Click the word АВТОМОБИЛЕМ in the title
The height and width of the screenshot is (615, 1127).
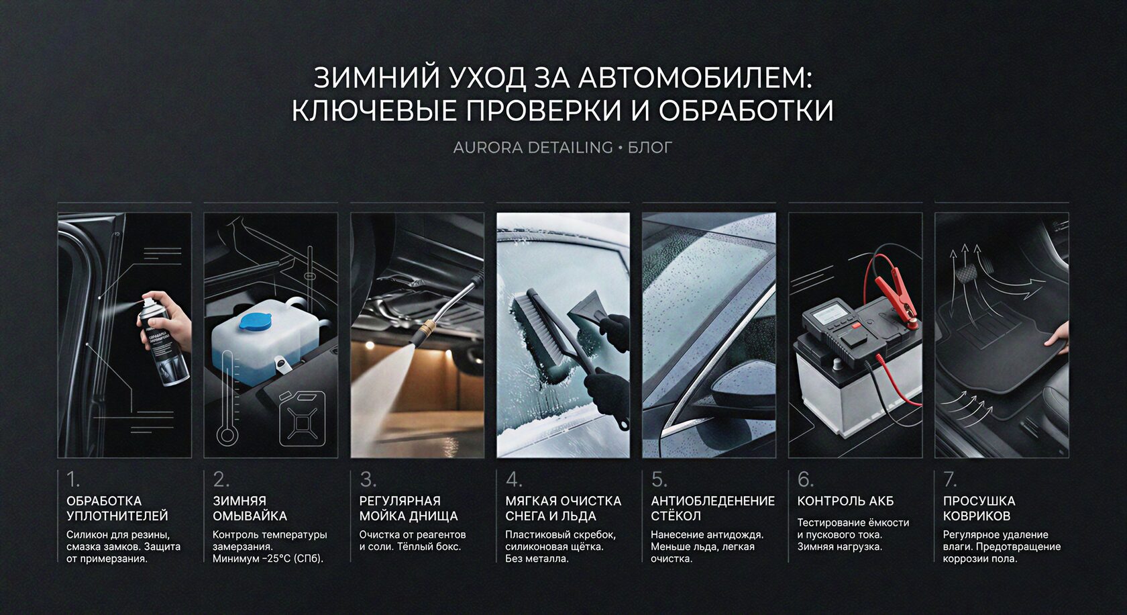[x=695, y=78]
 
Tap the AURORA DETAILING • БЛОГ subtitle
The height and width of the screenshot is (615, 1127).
[x=562, y=148]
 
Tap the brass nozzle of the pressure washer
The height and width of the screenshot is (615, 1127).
[x=425, y=330]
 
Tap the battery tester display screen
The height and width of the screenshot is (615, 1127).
[x=829, y=314]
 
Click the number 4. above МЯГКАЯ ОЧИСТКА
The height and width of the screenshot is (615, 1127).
[x=514, y=479]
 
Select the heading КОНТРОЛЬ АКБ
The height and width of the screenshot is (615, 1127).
[x=845, y=501]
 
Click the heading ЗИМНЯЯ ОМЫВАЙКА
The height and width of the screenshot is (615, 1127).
[x=250, y=508]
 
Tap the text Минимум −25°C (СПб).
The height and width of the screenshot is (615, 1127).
[x=268, y=559]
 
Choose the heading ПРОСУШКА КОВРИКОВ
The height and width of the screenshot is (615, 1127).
[x=979, y=508]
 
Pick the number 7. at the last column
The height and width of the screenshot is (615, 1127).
[x=950, y=479]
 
